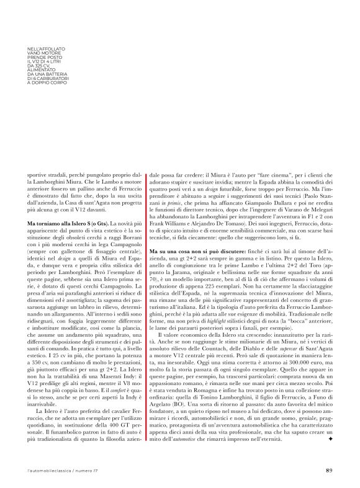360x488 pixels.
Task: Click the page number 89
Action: pyautogui.click(x=329, y=470)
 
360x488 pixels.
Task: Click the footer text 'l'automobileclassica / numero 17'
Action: pyautogui.click(x=60, y=470)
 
